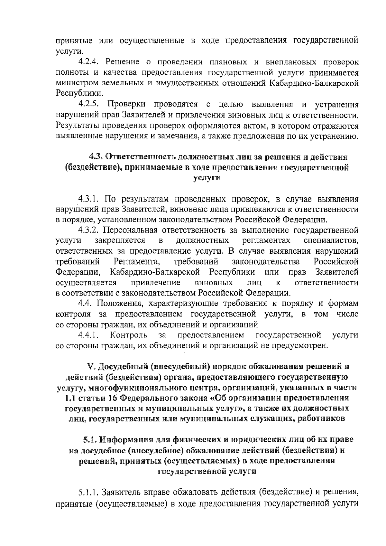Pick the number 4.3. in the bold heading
click(x=96, y=157)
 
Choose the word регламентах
click(x=266, y=240)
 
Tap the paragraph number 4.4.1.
click(x=88, y=335)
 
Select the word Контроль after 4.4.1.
click(x=129, y=335)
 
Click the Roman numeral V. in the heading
click(x=91, y=367)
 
